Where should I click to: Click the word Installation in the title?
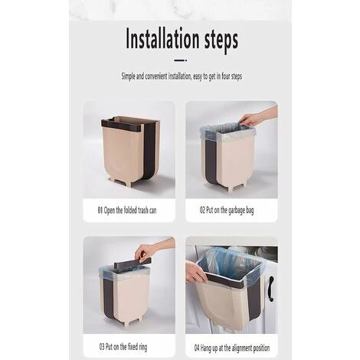click(x=156, y=39)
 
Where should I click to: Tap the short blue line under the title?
click(x=180, y=59)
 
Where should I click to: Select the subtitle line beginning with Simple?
click(x=180, y=77)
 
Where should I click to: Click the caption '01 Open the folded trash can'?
click(x=126, y=209)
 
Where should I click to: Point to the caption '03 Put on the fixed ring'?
click(x=127, y=346)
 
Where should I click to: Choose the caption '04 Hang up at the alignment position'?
click(x=231, y=346)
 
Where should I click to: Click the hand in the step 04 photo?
click(x=195, y=272)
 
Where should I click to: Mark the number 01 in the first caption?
click(x=100, y=209)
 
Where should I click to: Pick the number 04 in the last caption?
click(x=198, y=346)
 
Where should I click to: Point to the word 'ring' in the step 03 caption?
click(x=149, y=346)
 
